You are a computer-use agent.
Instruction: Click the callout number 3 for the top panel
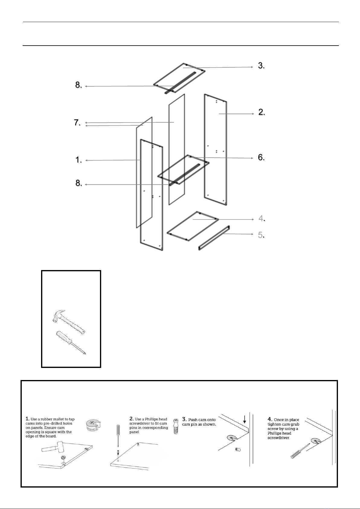click(x=261, y=66)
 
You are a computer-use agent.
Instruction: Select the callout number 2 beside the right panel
click(x=262, y=112)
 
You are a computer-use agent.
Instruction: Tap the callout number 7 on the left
click(x=77, y=123)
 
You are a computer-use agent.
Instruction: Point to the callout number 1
click(x=79, y=160)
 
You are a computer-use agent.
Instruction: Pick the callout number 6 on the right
click(x=261, y=157)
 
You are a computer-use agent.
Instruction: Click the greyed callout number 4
click(x=261, y=218)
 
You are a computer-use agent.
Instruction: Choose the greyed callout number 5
click(x=261, y=235)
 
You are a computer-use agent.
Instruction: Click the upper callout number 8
click(x=79, y=85)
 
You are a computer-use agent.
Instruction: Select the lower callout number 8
click(x=79, y=183)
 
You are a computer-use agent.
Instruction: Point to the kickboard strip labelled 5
click(x=214, y=238)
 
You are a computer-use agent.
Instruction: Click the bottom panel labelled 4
click(x=193, y=226)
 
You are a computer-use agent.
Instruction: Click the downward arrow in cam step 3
click(x=245, y=420)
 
